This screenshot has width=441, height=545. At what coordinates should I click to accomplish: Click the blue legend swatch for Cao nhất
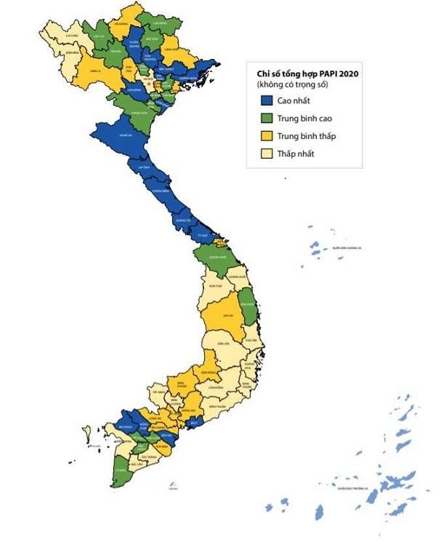(x=265, y=101)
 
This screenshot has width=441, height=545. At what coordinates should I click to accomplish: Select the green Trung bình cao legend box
(x=265, y=119)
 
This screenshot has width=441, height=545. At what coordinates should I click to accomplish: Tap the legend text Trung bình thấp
(x=306, y=136)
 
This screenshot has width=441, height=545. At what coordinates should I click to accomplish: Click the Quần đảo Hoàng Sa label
(x=346, y=248)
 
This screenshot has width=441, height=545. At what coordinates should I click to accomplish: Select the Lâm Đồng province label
(x=214, y=389)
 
